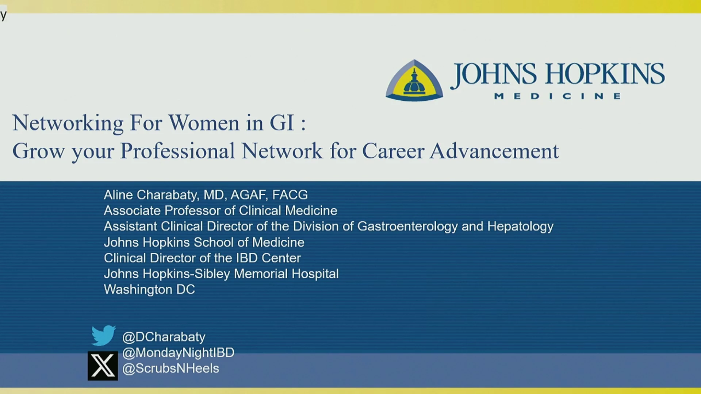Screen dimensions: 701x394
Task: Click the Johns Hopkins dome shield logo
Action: [414, 80]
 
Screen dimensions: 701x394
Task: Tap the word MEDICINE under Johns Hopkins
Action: [558, 96]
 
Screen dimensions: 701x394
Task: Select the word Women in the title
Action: [204, 123]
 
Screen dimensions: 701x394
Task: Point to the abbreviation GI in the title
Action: [282, 123]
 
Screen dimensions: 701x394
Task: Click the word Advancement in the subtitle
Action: [494, 151]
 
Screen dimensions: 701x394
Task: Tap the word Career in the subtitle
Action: [393, 151]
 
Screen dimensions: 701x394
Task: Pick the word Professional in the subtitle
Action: [177, 151]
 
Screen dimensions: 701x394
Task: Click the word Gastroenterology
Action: [407, 227]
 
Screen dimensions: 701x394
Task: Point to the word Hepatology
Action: [520, 227]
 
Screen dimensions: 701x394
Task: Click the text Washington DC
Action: [149, 290]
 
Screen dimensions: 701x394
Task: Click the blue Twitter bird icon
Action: [103, 335]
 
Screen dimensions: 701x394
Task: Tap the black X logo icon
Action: [103, 366]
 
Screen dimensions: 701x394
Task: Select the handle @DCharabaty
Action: [164, 337]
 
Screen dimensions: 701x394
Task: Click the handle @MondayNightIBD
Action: [178, 353]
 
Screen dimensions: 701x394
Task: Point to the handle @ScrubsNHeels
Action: [171, 368]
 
